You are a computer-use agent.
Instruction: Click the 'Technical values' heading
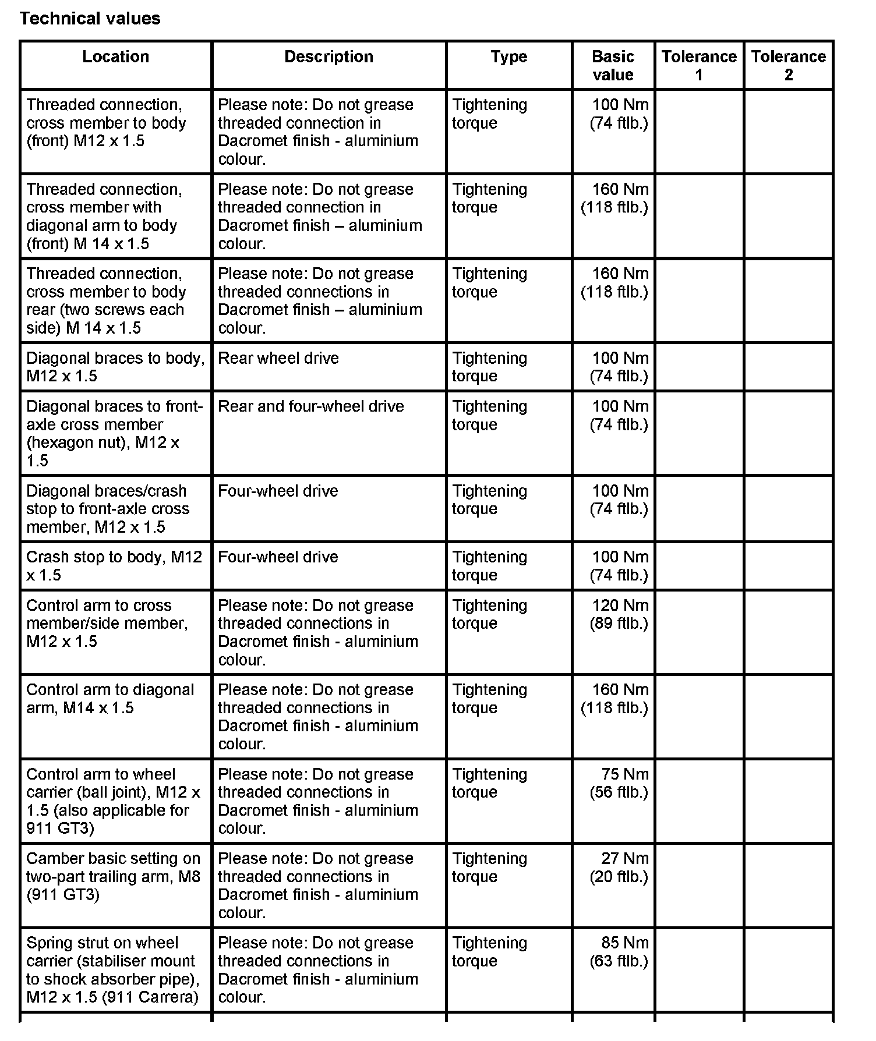(x=90, y=19)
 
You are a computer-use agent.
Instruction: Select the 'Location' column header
(x=115, y=56)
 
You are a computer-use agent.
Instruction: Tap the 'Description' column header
(x=328, y=56)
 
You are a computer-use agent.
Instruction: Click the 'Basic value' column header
(x=613, y=65)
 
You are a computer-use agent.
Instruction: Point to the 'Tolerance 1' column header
(x=699, y=65)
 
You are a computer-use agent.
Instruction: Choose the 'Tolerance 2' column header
(x=788, y=65)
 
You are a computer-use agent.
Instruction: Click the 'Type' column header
(x=508, y=56)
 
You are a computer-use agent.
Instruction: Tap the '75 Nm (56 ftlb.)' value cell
(x=619, y=783)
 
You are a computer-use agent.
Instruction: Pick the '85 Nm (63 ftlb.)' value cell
(x=619, y=952)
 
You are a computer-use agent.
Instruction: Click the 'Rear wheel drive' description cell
(x=278, y=358)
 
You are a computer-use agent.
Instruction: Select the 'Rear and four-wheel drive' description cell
(x=310, y=406)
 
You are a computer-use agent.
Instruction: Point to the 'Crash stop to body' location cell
(x=114, y=566)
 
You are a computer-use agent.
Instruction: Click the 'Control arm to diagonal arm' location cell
(x=110, y=699)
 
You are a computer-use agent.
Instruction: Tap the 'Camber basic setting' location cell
(x=113, y=876)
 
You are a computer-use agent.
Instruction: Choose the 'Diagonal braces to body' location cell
(x=115, y=367)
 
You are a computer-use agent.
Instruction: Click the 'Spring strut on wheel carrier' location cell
(x=112, y=969)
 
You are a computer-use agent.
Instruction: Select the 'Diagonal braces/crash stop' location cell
(x=108, y=509)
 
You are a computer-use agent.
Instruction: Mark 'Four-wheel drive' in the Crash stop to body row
(x=278, y=557)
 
